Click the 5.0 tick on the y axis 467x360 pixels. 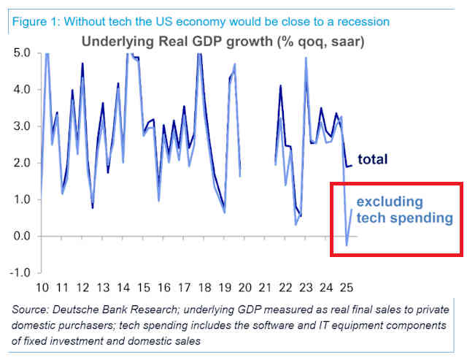click(x=22, y=53)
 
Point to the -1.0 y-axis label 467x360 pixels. click(x=20, y=272)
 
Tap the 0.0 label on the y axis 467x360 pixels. click(x=22, y=236)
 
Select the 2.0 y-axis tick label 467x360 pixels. click(x=22, y=163)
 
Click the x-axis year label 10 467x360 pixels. click(x=42, y=288)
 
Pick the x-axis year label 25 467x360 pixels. click(x=347, y=288)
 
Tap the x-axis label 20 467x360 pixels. click(x=245, y=288)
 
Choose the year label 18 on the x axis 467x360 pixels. click(x=204, y=288)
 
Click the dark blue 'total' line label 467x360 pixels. click(x=373, y=159)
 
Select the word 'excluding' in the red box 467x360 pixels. click(x=390, y=202)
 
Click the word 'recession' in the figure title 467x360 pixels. click(x=363, y=22)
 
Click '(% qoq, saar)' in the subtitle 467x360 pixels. click(x=321, y=42)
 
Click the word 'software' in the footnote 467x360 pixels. click(x=270, y=325)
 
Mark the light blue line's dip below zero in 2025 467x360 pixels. click(x=347, y=245)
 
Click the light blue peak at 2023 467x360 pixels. click(x=306, y=58)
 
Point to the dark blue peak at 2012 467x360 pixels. click(x=82, y=64)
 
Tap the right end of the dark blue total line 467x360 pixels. click(x=352, y=166)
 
